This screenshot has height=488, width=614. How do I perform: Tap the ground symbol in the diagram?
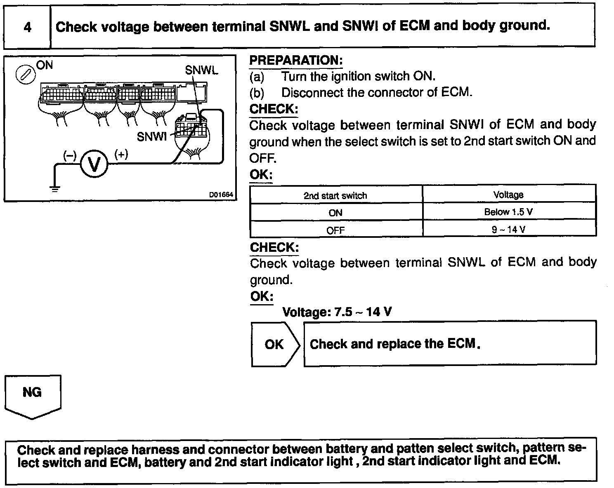pyautogui.click(x=54, y=189)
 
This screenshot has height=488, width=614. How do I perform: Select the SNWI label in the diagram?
pyautogui.click(x=151, y=136)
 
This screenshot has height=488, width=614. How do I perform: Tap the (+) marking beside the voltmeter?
pyautogui.click(x=121, y=155)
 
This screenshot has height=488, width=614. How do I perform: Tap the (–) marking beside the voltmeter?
pyautogui.click(x=70, y=155)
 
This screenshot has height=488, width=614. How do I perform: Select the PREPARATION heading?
pyautogui.click(x=296, y=61)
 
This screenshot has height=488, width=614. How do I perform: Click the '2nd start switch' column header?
pyautogui.click(x=335, y=195)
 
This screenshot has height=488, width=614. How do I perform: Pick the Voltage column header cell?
pyautogui.click(x=508, y=195)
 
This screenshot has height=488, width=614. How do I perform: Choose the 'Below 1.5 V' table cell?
pyautogui.click(x=508, y=212)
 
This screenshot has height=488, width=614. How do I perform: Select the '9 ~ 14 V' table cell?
pyautogui.click(x=508, y=229)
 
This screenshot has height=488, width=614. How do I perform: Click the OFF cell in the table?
pyautogui.click(x=335, y=230)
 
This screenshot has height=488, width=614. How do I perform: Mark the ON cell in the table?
pyautogui.click(x=335, y=213)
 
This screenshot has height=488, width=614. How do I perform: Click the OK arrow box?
pyautogui.click(x=274, y=344)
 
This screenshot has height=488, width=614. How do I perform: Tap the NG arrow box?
pyautogui.click(x=32, y=395)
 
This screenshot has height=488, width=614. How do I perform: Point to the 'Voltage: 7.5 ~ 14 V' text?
pyautogui.click(x=337, y=312)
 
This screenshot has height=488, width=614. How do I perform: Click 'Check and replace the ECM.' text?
pyautogui.click(x=395, y=344)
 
